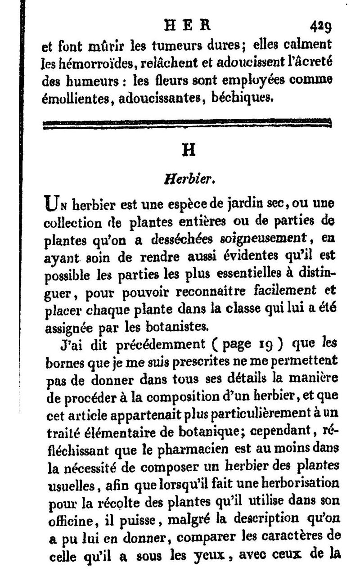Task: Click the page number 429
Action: click(320, 27)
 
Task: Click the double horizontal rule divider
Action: click(186, 124)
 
